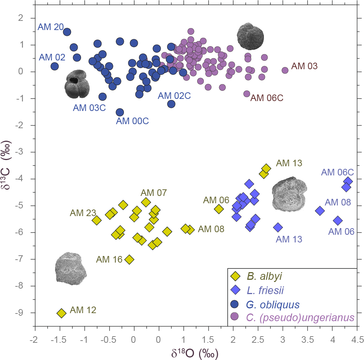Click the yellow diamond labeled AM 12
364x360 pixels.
point(61,313)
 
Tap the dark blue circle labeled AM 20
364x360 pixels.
point(67,32)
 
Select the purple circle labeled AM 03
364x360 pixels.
point(285,70)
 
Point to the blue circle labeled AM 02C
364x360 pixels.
point(171,104)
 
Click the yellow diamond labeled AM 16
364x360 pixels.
point(129,259)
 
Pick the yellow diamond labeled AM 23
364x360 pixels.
point(97,220)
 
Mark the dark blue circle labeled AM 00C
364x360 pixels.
point(120,112)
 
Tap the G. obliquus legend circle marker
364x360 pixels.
point(235,304)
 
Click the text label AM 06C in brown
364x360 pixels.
point(267,98)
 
